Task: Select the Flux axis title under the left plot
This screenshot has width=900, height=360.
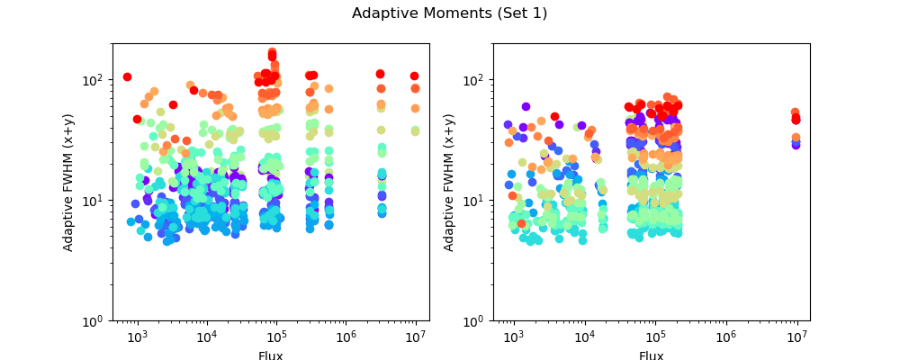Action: (270, 355)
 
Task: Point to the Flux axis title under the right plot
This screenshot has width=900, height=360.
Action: (651, 355)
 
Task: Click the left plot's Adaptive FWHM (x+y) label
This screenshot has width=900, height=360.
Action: (68, 182)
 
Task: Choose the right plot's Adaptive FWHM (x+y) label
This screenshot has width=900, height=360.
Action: (449, 182)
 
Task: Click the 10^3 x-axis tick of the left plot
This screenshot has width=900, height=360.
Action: (138, 336)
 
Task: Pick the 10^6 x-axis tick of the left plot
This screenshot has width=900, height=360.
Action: (346, 336)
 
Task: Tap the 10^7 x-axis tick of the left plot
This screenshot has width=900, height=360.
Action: (415, 336)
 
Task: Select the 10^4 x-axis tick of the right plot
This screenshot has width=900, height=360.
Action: (585, 336)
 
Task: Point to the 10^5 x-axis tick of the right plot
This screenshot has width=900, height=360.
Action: (654, 336)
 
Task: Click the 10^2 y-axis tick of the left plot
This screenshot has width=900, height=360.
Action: (94, 80)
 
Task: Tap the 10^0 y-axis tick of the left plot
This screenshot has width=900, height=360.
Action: (94, 321)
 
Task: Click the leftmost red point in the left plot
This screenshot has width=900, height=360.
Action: (127, 77)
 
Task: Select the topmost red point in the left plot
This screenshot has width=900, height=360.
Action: (272, 52)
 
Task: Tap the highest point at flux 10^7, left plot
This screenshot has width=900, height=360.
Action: (415, 76)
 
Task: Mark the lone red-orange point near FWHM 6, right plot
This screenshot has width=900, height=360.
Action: (521, 223)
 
